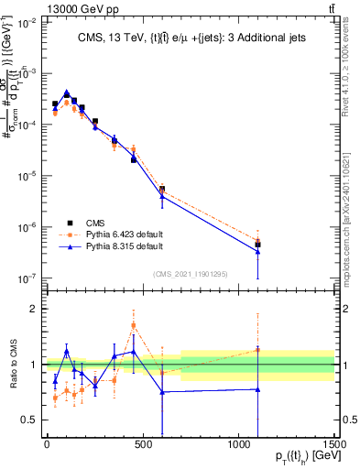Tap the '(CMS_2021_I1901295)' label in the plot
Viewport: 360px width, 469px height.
pyautogui.click(x=196, y=273)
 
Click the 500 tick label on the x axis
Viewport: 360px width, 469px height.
pyautogui.click(x=142, y=444)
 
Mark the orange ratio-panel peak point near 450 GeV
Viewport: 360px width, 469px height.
pyautogui.click(x=134, y=325)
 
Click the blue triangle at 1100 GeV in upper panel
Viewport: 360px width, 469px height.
pyautogui.click(x=258, y=251)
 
